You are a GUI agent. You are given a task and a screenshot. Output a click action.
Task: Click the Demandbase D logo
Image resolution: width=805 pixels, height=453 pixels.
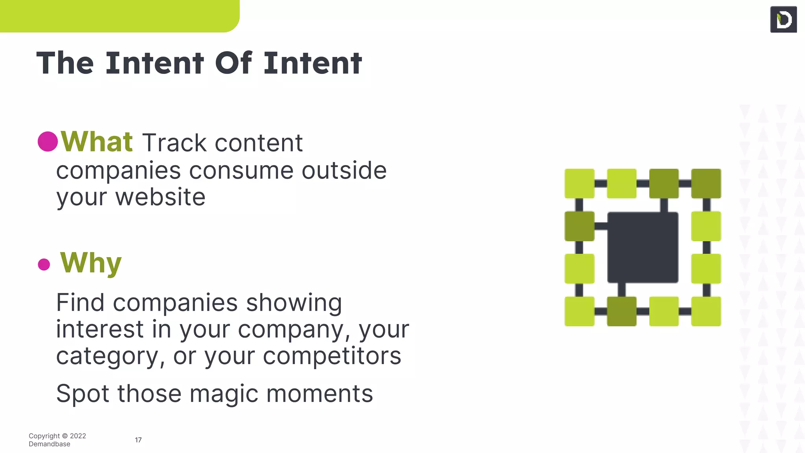(x=783, y=19)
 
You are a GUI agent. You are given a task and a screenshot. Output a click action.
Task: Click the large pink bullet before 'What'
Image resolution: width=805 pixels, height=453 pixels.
(x=48, y=142)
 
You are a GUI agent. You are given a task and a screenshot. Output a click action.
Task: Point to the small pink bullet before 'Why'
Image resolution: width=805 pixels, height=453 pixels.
(x=44, y=264)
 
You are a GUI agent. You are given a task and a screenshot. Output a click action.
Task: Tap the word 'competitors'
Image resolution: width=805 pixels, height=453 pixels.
(x=332, y=356)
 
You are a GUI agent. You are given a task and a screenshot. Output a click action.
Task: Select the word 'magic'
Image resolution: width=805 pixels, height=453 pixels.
(x=224, y=394)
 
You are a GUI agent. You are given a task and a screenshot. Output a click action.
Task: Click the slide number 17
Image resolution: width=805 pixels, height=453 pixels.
(x=138, y=440)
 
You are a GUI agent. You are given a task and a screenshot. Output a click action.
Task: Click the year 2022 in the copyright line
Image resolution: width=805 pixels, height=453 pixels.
(x=78, y=436)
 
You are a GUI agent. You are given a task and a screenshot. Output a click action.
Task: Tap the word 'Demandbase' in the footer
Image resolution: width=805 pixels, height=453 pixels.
(x=50, y=444)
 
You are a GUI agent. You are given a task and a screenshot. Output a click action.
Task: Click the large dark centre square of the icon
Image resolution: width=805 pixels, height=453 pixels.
(x=643, y=247)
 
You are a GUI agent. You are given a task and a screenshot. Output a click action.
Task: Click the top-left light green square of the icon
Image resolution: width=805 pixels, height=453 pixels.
(x=579, y=184)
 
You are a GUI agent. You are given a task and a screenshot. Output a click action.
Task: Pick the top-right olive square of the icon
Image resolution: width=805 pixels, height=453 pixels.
(x=706, y=184)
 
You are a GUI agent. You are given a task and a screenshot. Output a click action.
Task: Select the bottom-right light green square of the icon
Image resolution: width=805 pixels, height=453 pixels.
(x=706, y=311)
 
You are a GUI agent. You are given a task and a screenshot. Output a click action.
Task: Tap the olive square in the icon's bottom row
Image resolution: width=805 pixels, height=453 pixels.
(x=621, y=311)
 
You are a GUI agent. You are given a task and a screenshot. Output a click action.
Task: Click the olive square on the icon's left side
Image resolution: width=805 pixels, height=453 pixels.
(x=579, y=226)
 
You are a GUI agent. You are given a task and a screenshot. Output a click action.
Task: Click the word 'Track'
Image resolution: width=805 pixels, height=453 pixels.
(x=174, y=143)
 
